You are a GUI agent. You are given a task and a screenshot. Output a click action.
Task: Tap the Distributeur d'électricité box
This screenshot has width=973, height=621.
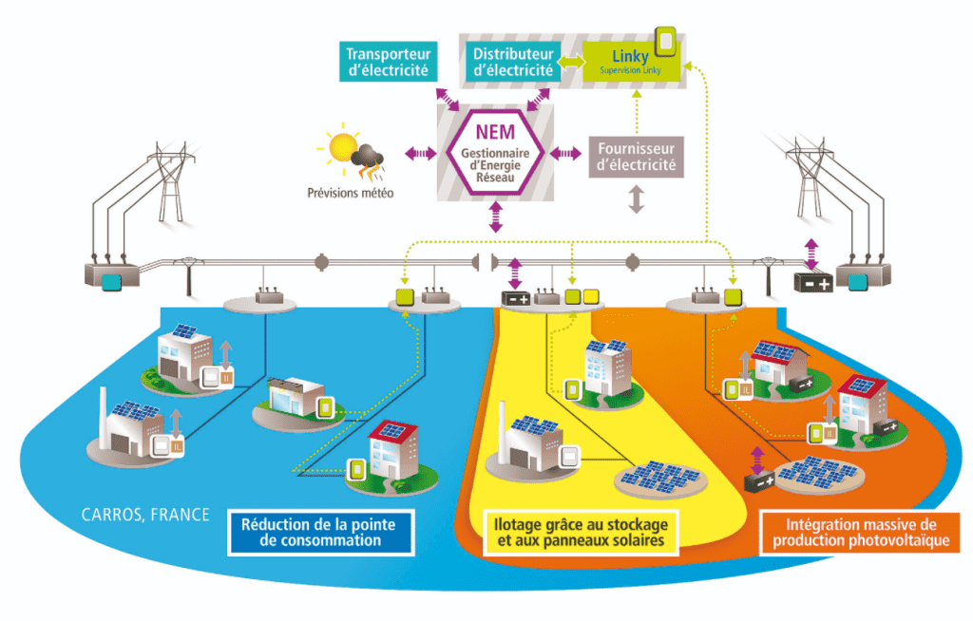pos(513,61)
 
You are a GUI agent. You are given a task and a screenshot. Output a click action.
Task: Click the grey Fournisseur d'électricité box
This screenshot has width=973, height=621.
pos(636,157)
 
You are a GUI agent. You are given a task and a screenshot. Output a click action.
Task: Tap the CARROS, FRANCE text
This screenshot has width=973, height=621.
pos(143,515)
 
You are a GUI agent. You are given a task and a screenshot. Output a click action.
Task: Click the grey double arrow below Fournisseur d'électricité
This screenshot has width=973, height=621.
pos(636,199)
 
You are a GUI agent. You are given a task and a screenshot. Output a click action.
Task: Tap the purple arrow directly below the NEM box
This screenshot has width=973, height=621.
pos(494,216)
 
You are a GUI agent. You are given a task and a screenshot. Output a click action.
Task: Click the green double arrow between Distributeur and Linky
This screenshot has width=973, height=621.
pos(570,61)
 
